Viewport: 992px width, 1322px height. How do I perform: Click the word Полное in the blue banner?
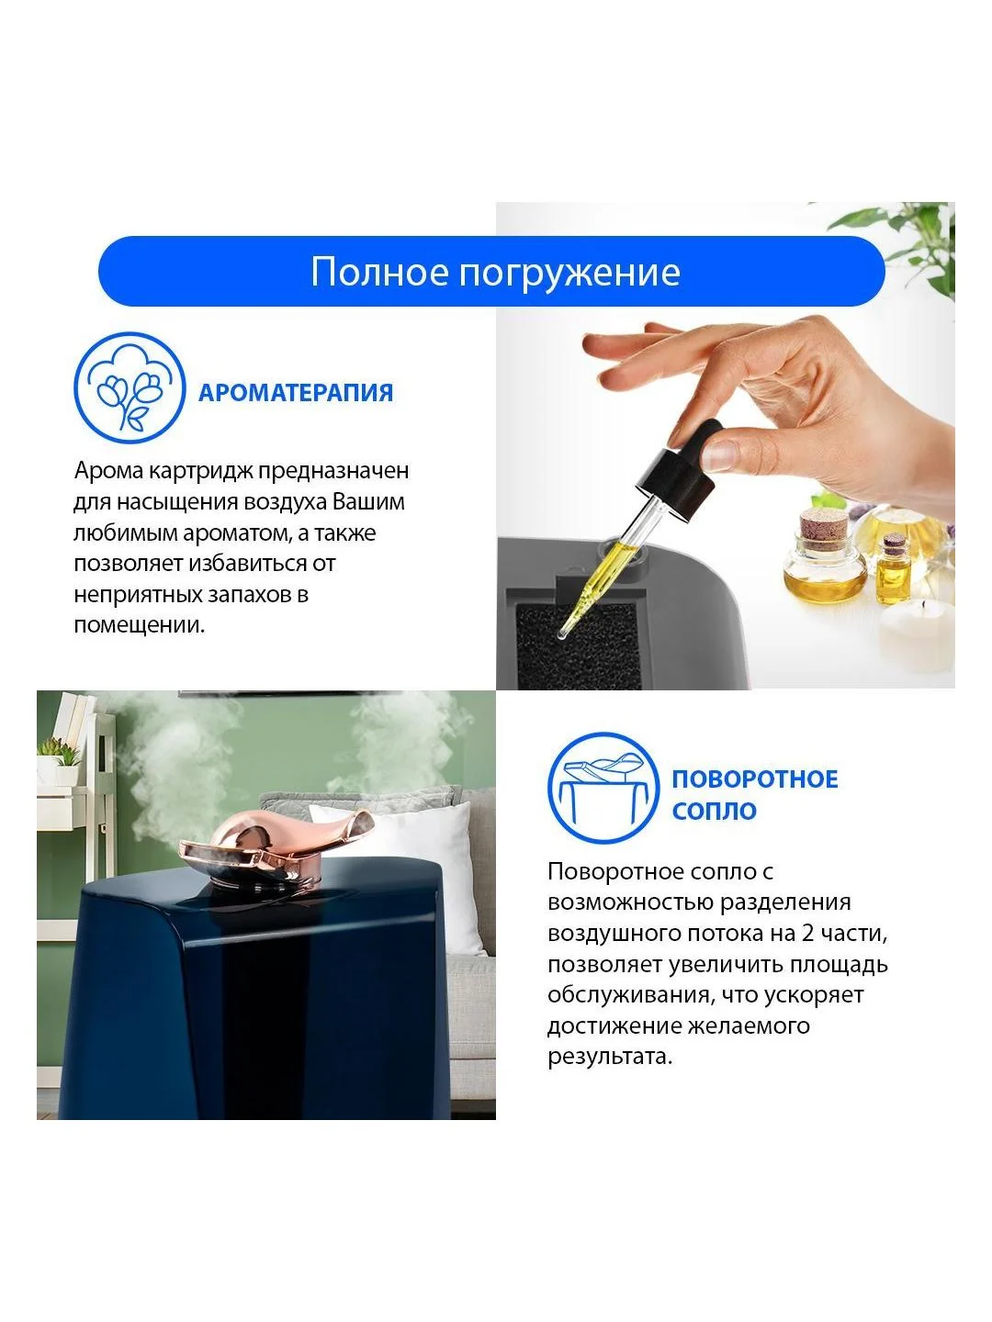(x=380, y=272)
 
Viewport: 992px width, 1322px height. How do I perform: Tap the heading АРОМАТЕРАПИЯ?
(x=296, y=393)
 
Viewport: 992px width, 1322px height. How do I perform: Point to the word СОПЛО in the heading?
(x=715, y=811)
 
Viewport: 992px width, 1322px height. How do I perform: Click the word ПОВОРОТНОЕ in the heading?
(x=755, y=779)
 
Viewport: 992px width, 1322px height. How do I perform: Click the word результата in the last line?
(x=610, y=1058)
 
